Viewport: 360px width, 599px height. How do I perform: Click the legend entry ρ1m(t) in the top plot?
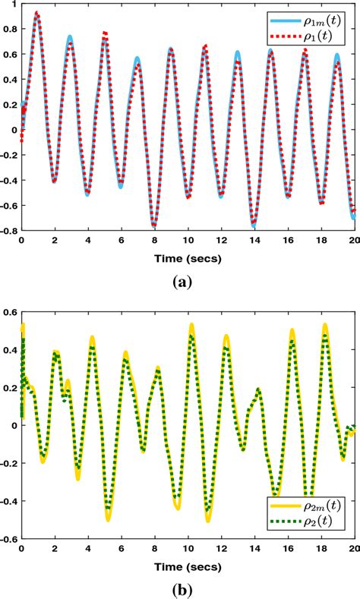point(315,17)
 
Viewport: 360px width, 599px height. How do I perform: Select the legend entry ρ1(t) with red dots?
point(315,33)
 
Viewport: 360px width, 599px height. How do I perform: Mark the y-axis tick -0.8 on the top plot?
point(8,229)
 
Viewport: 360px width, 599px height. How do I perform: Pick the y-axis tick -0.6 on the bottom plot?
point(8,538)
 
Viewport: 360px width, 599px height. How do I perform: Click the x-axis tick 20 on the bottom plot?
point(352,545)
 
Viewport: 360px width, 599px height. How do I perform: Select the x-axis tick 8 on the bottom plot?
point(154,545)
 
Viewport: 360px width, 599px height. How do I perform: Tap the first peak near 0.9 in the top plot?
point(37,14)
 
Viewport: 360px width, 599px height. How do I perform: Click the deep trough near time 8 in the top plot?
point(154,225)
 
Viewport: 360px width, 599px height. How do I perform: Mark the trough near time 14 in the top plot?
point(254,225)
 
